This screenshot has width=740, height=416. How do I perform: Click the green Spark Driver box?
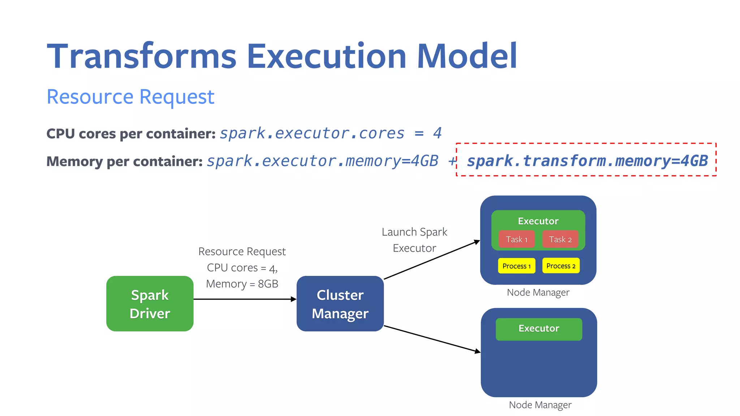[150, 304]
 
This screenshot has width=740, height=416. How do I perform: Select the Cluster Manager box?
[340, 304]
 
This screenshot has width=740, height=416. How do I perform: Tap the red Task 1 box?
[516, 239]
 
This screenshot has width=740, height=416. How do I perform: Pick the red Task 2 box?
[560, 239]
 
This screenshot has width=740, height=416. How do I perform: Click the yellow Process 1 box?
[516, 266]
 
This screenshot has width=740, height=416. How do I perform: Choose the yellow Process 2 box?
[561, 266]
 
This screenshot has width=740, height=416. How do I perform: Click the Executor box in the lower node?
[539, 329]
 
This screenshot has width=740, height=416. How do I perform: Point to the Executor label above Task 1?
[538, 221]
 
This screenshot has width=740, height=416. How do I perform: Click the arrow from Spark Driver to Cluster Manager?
[245, 299]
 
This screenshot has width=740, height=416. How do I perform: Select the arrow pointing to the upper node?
[432, 260]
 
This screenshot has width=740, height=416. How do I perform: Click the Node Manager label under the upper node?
[538, 292]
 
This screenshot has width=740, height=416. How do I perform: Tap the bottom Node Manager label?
[540, 405]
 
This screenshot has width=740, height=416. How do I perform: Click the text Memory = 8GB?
[242, 284]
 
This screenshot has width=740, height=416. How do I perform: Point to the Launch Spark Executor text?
[414, 240]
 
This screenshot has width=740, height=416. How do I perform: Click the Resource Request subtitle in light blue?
[130, 97]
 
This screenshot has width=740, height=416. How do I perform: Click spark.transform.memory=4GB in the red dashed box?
[587, 161]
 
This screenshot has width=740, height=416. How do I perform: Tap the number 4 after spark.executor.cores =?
[437, 133]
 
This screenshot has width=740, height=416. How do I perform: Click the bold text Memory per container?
[125, 161]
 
